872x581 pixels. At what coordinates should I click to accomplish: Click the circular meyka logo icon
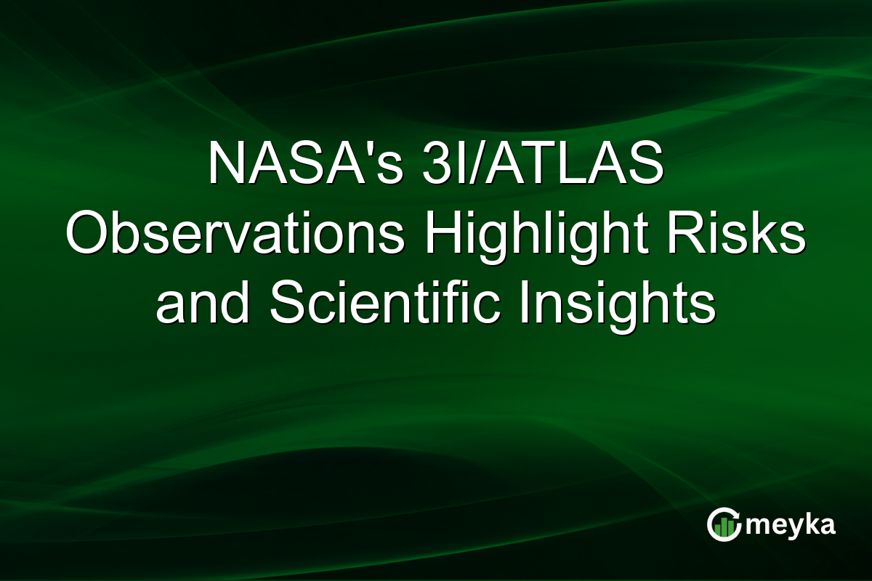coord(724,524)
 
